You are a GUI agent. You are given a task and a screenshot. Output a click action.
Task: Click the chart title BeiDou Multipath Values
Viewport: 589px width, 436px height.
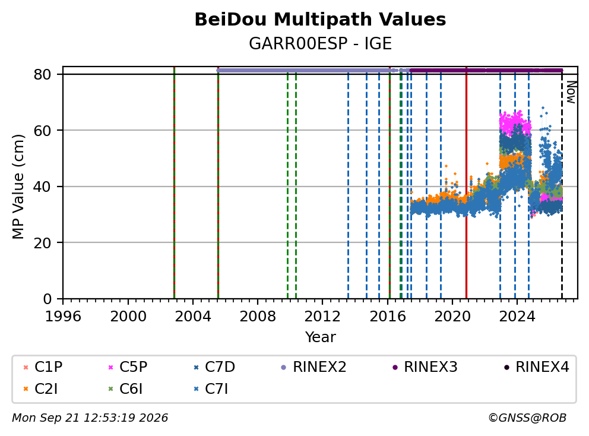click(x=320, y=20)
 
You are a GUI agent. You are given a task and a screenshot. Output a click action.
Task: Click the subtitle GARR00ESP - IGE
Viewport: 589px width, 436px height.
click(x=320, y=43)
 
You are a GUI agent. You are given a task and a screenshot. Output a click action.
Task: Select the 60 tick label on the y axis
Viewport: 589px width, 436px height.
click(x=42, y=131)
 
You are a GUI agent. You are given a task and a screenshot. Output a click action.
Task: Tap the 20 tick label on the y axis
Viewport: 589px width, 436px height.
click(x=42, y=243)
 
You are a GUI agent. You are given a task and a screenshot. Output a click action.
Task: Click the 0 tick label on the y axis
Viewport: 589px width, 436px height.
click(x=47, y=299)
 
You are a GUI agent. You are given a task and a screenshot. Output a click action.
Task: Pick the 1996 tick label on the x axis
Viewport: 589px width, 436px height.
click(x=63, y=317)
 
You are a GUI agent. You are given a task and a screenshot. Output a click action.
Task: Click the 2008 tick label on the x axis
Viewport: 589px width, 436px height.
click(x=258, y=317)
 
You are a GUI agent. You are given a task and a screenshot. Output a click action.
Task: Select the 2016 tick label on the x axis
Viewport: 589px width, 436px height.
click(x=388, y=317)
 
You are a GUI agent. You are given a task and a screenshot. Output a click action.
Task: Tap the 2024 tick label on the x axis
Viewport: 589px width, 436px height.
click(x=517, y=317)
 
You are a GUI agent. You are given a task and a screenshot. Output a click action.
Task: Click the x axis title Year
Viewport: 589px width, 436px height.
click(x=321, y=337)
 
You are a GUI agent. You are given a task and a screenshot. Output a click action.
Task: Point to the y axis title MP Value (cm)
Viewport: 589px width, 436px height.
click(x=18, y=187)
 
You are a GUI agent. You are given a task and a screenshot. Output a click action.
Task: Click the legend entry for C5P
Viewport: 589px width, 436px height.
click(x=128, y=367)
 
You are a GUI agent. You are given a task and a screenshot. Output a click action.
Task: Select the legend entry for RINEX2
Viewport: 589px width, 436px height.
click(x=313, y=367)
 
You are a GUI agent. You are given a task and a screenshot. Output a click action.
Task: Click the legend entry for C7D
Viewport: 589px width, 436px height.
click(x=214, y=367)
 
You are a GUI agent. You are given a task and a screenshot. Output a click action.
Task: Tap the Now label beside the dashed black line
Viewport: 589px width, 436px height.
click(x=571, y=93)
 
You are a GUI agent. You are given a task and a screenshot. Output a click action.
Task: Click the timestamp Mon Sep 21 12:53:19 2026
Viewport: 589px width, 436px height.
click(x=90, y=418)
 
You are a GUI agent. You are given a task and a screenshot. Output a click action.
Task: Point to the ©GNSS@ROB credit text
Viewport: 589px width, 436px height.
click(x=527, y=418)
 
